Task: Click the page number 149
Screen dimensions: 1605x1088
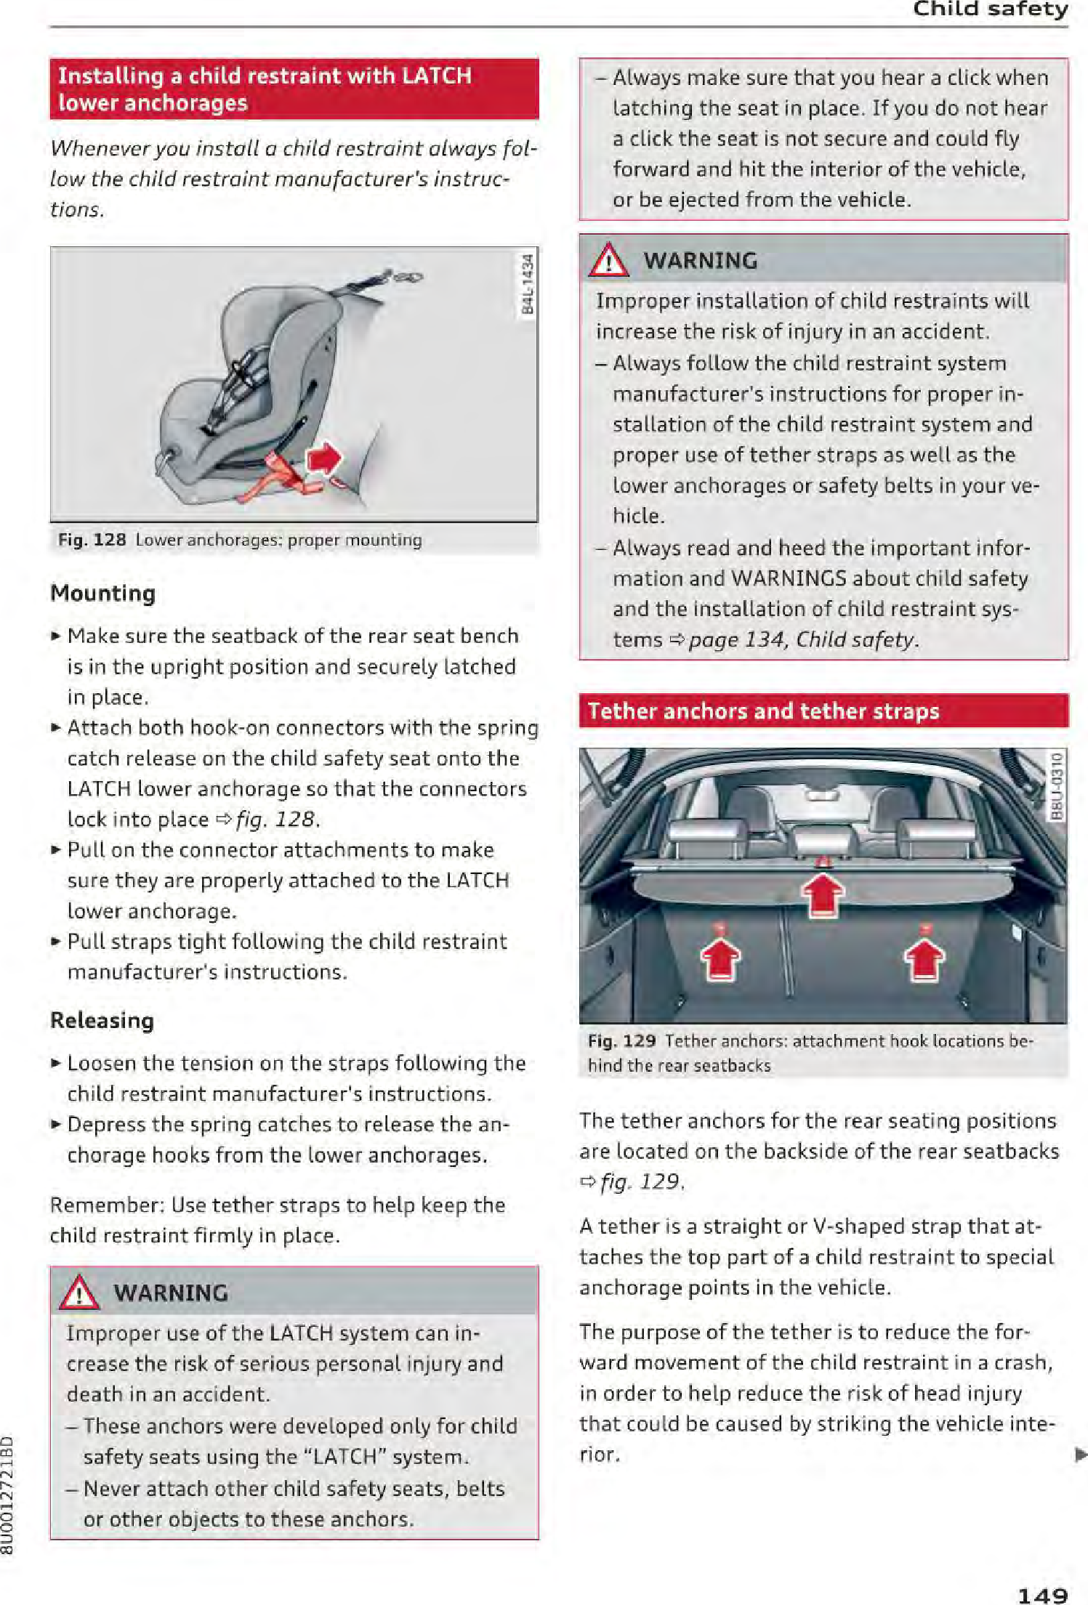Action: click(x=1042, y=1594)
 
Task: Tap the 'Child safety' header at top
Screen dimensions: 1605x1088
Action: click(x=990, y=9)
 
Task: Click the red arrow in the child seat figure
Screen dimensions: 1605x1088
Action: click(x=325, y=458)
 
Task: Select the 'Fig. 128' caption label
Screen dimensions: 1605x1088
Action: click(x=92, y=540)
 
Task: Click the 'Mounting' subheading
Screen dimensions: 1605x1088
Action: click(x=102, y=593)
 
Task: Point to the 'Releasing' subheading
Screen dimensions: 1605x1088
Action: click(x=102, y=1020)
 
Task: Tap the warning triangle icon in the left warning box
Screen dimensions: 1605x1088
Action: click(x=79, y=1293)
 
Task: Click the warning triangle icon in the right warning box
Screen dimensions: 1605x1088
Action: click(x=608, y=260)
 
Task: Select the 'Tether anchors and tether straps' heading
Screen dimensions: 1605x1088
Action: click(x=763, y=711)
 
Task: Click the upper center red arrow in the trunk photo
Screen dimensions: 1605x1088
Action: click(x=823, y=894)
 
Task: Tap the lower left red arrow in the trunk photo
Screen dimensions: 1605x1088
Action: click(x=720, y=959)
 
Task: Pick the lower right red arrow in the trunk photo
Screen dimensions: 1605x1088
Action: click(x=924, y=959)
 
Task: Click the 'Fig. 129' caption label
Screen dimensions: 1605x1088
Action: click(x=621, y=1040)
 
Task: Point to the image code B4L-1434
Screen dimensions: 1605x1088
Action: click(x=528, y=285)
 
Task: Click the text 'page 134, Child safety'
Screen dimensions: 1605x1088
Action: click(x=802, y=639)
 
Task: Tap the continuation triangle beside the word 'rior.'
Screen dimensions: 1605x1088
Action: click(x=1081, y=1454)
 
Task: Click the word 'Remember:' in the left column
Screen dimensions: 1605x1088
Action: click(x=108, y=1205)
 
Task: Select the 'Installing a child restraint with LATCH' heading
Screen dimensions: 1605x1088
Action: click(x=265, y=76)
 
